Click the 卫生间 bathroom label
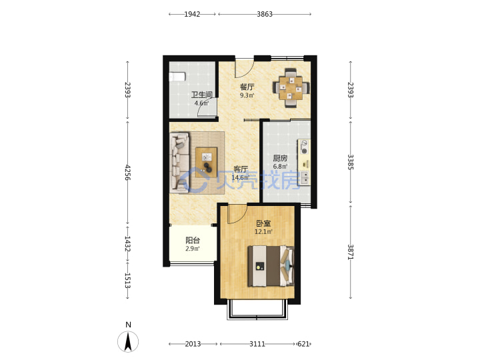[x=202, y=95]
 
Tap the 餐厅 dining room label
[x=247, y=87]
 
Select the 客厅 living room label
[x=241, y=169]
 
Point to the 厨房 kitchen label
[x=280, y=158]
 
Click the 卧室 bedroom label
[x=263, y=223]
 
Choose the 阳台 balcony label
[x=193, y=240]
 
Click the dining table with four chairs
[x=291, y=88]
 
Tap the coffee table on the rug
[x=206, y=162]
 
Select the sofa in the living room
[x=179, y=163]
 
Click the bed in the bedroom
[x=271, y=266]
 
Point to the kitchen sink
[x=305, y=178]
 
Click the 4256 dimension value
[x=127, y=173]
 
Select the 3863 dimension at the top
[x=265, y=14]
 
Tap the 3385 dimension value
[x=351, y=162]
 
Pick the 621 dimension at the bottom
[x=303, y=344]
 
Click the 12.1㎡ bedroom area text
[x=263, y=232]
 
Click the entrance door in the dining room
[x=245, y=68]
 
